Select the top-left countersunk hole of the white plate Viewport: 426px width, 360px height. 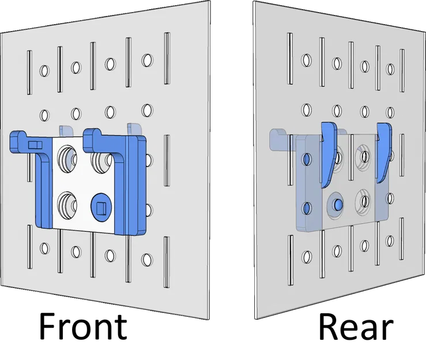(x=68, y=157)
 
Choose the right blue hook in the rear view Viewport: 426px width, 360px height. (x=383, y=151)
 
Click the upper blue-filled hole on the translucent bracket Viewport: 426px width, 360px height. (x=307, y=158)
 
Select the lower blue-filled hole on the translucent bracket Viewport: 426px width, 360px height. (x=307, y=206)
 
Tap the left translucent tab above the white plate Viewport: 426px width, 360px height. (x=65, y=131)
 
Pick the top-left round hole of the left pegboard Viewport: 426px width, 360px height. (x=43, y=71)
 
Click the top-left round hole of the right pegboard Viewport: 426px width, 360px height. (x=306, y=60)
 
